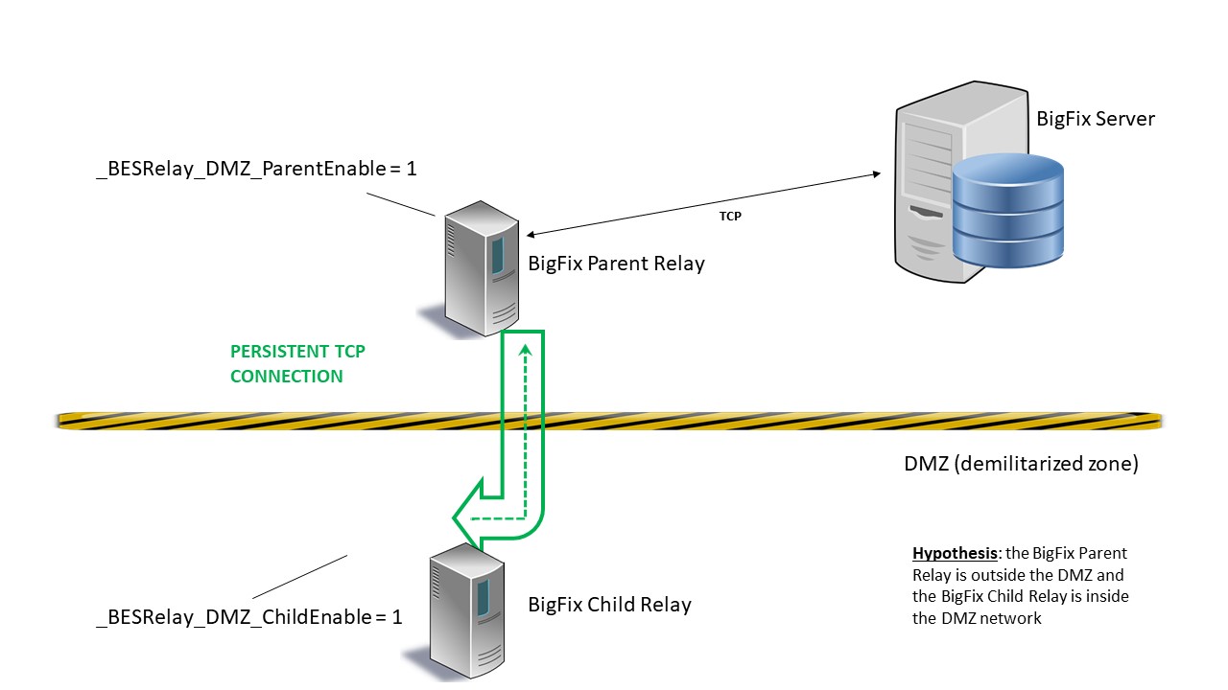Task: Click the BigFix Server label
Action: click(x=1096, y=119)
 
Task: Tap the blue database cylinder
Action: click(x=1007, y=210)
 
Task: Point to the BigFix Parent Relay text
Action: click(x=616, y=264)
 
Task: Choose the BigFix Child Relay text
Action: click(x=609, y=605)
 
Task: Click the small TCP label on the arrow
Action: click(x=730, y=217)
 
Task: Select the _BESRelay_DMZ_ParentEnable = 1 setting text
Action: click(x=256, y=169)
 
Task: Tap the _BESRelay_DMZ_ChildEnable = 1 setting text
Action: click(x=248, y=617)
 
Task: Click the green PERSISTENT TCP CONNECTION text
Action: click(x=297, y=364)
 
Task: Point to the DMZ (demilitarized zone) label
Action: click(x=1021, y=464)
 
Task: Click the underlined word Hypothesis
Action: click(x=954, y=554)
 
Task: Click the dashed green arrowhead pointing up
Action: click(x=524, y=351)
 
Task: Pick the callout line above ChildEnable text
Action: click(x=299, y=576)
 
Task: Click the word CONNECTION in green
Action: click(x=286, y=377)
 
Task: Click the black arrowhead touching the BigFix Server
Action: click(x=876, y=174)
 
